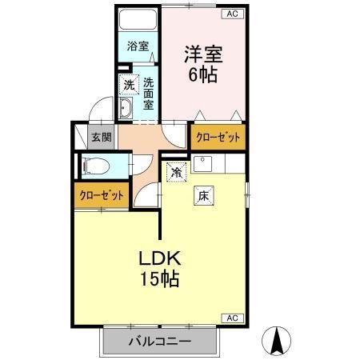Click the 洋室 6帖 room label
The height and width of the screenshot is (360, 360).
click(x=202, y=63)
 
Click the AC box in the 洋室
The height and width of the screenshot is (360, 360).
click(x=231, y=14)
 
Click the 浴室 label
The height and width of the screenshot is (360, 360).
click(x=138, y=46)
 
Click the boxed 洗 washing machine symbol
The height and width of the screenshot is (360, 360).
click(x=129, y=85)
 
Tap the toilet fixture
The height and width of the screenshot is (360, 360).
click(x=97, y=166)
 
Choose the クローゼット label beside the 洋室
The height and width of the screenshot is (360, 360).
click(x=218, y=137)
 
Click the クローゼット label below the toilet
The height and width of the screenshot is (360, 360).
click(x=102, y=195)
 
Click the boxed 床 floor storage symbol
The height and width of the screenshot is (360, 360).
click(x=203, y=194)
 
